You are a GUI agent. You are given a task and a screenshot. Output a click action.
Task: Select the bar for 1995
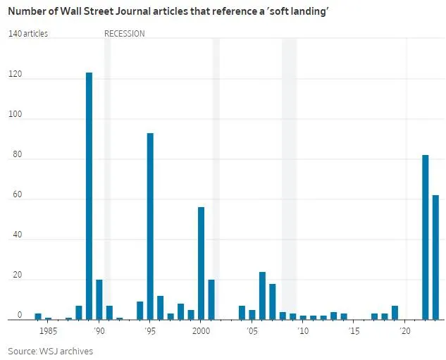[150, 226]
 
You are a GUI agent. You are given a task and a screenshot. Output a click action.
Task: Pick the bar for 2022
[425, 237]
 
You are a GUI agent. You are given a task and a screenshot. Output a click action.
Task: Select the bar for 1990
[99, 299]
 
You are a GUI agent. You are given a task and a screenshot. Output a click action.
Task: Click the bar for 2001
[211, 299]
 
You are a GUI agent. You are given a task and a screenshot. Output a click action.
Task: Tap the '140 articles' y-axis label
[28, 34]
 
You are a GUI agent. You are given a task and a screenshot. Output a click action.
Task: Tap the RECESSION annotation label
[125, 34]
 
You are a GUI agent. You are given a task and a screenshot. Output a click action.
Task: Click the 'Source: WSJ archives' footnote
[50, 351]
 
